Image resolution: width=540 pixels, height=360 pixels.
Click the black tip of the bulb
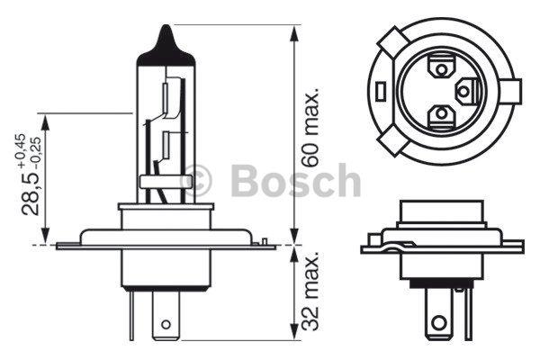(166, 40)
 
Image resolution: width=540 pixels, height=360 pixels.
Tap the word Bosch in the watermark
(296, 181)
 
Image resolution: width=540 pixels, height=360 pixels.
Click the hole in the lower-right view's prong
(438, 320)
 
